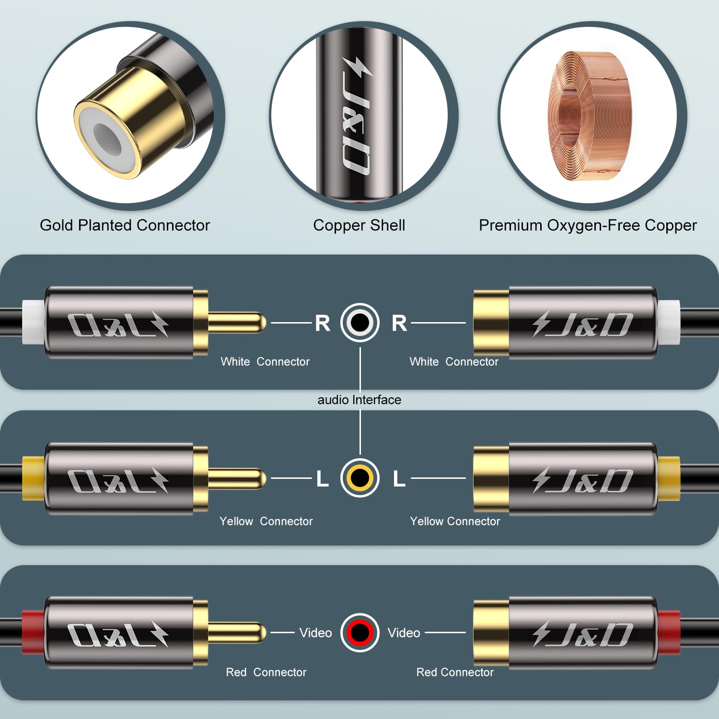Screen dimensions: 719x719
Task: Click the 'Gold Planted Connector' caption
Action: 125,225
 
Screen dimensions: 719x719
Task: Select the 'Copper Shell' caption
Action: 359,225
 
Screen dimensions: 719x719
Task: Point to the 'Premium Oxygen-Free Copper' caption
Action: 588,225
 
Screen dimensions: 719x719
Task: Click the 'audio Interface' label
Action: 359,400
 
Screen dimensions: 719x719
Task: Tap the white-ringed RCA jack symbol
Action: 360,323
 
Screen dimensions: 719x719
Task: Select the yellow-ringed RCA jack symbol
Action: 360,478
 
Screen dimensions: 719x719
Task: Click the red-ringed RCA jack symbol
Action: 360,633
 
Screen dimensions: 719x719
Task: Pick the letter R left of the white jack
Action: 323,323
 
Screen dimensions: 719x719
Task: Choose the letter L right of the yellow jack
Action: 399,478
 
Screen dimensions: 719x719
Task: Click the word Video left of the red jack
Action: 315,633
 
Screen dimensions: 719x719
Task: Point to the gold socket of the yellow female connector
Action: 491,478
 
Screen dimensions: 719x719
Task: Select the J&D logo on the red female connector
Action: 583,634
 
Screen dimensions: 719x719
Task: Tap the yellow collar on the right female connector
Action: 669,478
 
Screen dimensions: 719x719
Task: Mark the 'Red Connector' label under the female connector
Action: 455,673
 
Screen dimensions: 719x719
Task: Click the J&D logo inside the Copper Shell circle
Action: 358,116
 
